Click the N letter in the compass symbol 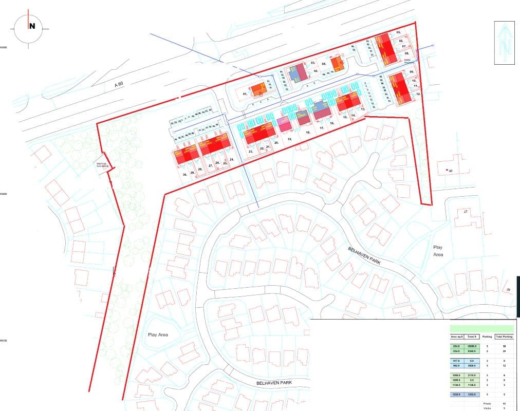[32, 27]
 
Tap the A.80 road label [119, 84]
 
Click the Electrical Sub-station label [103, 165]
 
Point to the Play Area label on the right [438, 251]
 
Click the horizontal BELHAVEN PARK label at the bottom [277, 383]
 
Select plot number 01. [245, 95]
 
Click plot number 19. [290, 139]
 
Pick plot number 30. [184, 175]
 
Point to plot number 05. [399, 33]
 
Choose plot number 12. [418, 95]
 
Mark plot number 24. [232, 160]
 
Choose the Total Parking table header [504, 337]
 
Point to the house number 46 [451, 171]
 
